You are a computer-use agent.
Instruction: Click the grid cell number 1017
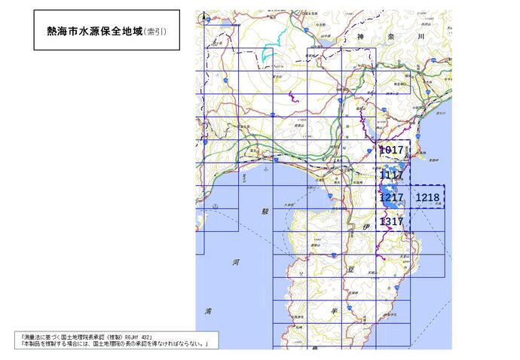(393, 150)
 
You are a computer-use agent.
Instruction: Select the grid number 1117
(392, 175)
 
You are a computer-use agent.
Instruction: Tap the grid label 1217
(392, 198)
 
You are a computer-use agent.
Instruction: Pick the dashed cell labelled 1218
(427, 197)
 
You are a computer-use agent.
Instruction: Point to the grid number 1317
(392, 221)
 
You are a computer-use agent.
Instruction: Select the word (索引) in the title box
(156, 31)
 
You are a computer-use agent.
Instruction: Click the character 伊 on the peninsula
(367, 225)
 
